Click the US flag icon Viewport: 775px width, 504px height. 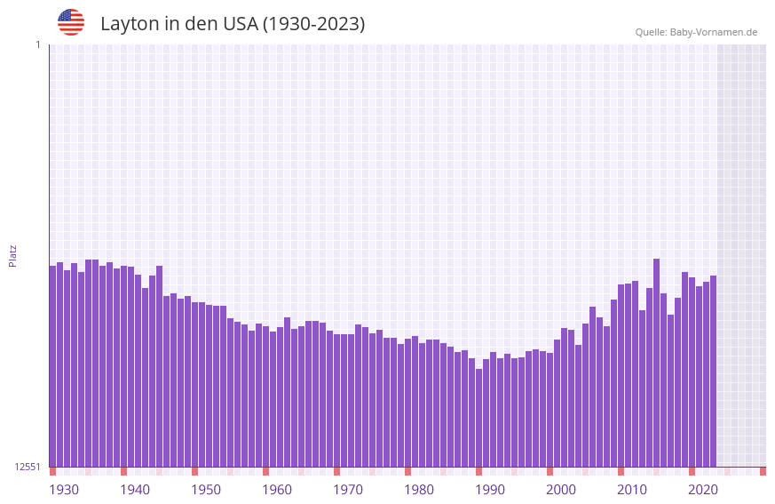click(71, 22)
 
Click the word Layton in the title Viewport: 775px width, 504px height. click(129, 24)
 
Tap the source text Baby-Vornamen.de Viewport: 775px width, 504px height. click(713, 32)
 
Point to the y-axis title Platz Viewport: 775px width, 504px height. click(12, 255)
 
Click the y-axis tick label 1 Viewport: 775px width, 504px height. click(37, 44)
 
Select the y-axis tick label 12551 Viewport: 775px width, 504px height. click(28, 467)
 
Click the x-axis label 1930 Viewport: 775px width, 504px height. click(64, 490)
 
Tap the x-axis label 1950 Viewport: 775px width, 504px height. click(206, 490)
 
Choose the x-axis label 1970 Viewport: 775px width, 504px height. click(348, 490)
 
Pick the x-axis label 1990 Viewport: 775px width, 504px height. click(490, 490)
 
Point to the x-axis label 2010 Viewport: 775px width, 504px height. click(632, 490)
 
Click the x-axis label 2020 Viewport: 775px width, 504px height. click(703, 490)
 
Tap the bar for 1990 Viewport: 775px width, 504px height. click(478, 418)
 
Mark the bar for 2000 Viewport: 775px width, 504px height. click(550, 410)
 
